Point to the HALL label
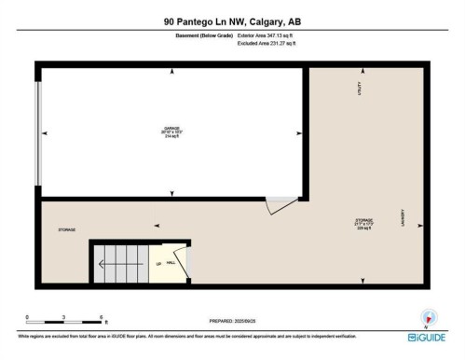point(171,263)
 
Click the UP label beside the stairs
point(160,263)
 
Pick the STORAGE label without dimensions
point(66,228)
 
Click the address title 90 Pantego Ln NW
point(232,20)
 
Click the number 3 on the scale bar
point(62,318)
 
